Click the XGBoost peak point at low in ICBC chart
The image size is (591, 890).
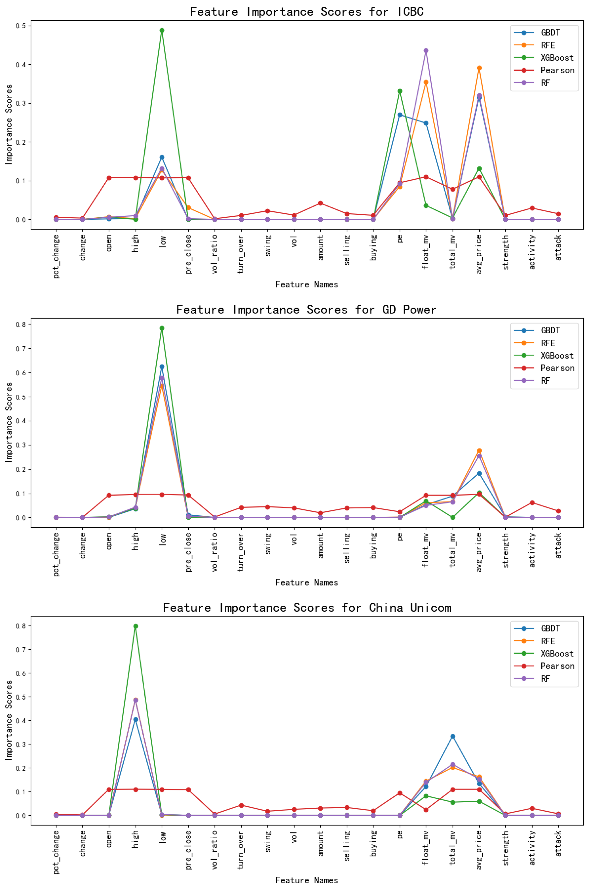click(x=162, y=31)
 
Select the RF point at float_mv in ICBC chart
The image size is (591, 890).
click(x=426, y=51)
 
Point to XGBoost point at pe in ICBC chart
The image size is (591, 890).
click(x=400, y=91)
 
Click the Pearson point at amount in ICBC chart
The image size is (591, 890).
click(x=320, y=203)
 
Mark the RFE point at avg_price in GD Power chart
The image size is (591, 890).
click(x=479, y=451)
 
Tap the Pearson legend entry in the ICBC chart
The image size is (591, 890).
click(x=557, y=70)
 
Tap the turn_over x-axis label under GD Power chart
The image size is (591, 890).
click(x=241, y=552)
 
